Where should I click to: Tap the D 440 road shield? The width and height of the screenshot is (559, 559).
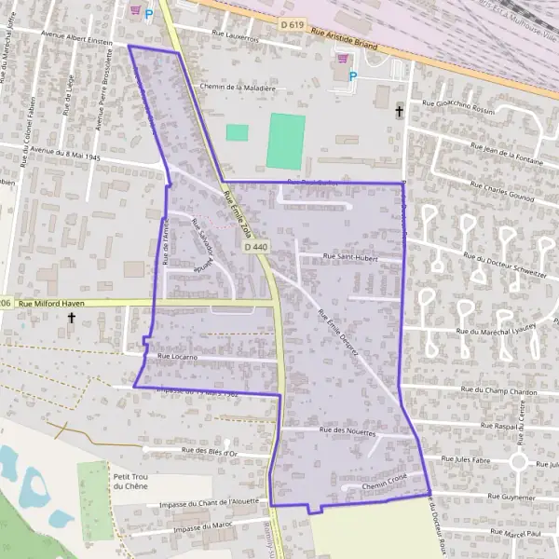[255, 247]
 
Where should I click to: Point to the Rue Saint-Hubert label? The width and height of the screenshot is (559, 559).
[350, 256]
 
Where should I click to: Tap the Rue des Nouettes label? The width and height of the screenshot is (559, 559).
[347, 432]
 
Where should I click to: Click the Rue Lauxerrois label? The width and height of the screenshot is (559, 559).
[236, 38]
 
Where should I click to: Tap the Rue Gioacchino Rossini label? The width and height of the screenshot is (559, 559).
[457, 106]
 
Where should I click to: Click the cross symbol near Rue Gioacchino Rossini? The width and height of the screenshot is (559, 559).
[400, 112]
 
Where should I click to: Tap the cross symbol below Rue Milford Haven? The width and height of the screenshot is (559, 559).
[71, 319]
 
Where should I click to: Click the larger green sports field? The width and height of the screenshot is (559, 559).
[286, 141]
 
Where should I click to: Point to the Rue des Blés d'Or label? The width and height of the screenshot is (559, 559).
[211, 452]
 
